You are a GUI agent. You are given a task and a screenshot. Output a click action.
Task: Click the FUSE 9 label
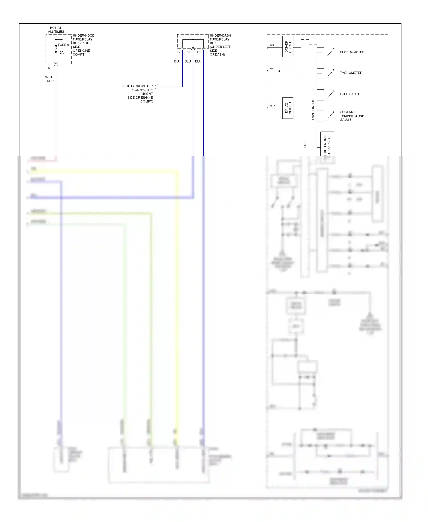pos(63,45)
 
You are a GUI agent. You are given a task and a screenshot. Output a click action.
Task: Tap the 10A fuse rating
pos(61,53)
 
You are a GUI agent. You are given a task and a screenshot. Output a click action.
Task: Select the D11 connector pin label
pos(51,68)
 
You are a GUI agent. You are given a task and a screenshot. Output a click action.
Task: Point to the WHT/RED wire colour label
pos(50,79)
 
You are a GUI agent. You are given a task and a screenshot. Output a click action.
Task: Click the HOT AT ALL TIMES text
pos(56,30)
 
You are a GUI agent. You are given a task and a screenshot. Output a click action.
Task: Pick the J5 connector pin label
pos(178,52)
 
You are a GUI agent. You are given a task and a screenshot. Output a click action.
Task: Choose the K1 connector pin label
pos(189,52)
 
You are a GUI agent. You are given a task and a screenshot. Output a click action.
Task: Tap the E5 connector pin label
pos(199,52)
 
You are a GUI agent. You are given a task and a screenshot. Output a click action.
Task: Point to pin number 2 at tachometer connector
pos(158,84)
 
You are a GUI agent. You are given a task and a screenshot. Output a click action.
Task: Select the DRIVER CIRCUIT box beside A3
pos(288,47)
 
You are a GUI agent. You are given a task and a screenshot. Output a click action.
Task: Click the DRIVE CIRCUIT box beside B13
pos(288,108)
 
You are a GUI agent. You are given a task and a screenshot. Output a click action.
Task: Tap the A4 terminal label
pos(272,69)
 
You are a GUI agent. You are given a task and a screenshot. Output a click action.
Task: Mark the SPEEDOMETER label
pos(352,52)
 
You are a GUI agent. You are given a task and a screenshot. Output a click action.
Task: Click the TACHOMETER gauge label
pos(351,73)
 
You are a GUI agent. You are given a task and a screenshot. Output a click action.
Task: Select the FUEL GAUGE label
pos(350,94)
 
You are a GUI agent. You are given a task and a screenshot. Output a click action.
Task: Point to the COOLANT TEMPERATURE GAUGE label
pos(352,116)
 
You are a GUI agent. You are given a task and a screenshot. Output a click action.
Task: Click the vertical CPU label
pos(305,144)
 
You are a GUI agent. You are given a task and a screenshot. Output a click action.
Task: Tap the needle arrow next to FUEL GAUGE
pos(330,95)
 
